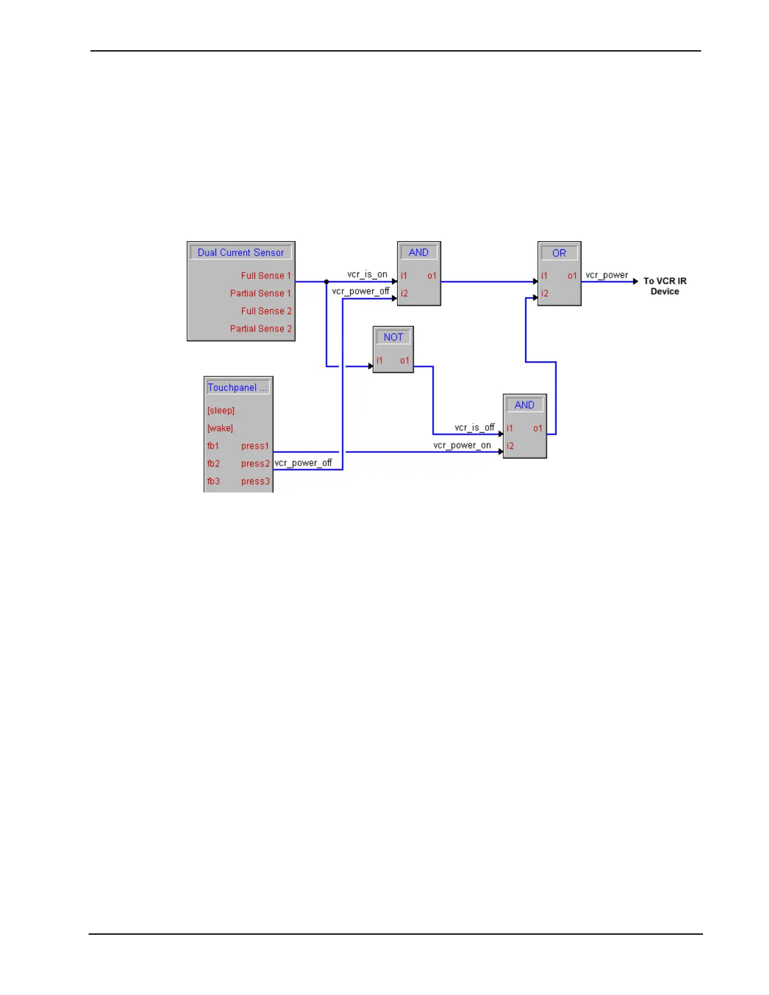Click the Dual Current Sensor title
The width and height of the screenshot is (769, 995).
click(x=241, y=253)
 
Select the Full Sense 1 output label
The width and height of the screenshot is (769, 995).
click(x=266, y=276)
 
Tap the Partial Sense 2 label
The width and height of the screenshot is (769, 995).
click(x=261, y=329)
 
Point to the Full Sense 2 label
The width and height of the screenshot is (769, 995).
click(x=266, y=311)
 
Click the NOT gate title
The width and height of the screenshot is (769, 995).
click(x=393, y=337)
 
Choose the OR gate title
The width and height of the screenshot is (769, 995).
click(x=559, y=253)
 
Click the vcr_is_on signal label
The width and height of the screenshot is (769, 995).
click(x=368, y=275)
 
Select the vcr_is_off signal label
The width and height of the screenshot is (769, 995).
click(x=474, y=428)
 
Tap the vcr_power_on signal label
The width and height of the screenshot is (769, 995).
click(x=462, y=445)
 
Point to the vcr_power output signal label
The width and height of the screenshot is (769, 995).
click(x=607, y=275)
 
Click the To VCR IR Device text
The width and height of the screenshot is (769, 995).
click(x=665, y=286)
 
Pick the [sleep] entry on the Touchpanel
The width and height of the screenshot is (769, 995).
click(x=221, y=411)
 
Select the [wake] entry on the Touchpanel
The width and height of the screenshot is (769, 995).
click(x=220, y=428)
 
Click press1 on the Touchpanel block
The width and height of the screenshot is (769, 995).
click(x=255, y=446)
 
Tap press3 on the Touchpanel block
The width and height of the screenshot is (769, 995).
click(x=255, y=481)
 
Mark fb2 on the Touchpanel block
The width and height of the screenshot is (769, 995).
click(x=214, y=464)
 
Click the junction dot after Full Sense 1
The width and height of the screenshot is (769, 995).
click(x=327, y=281)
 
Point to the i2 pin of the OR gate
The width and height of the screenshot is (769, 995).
click(x=545, y=293)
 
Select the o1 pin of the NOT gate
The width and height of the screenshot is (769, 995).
click(x=405, y=361)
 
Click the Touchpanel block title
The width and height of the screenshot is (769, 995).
click(x=237, y=388)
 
